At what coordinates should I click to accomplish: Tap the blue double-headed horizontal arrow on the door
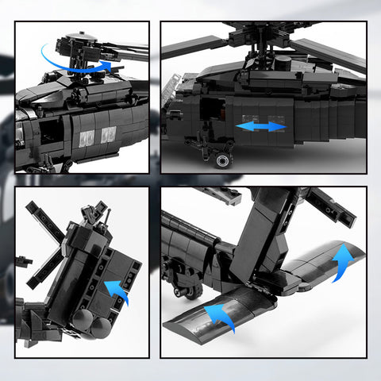coord(260,127)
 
